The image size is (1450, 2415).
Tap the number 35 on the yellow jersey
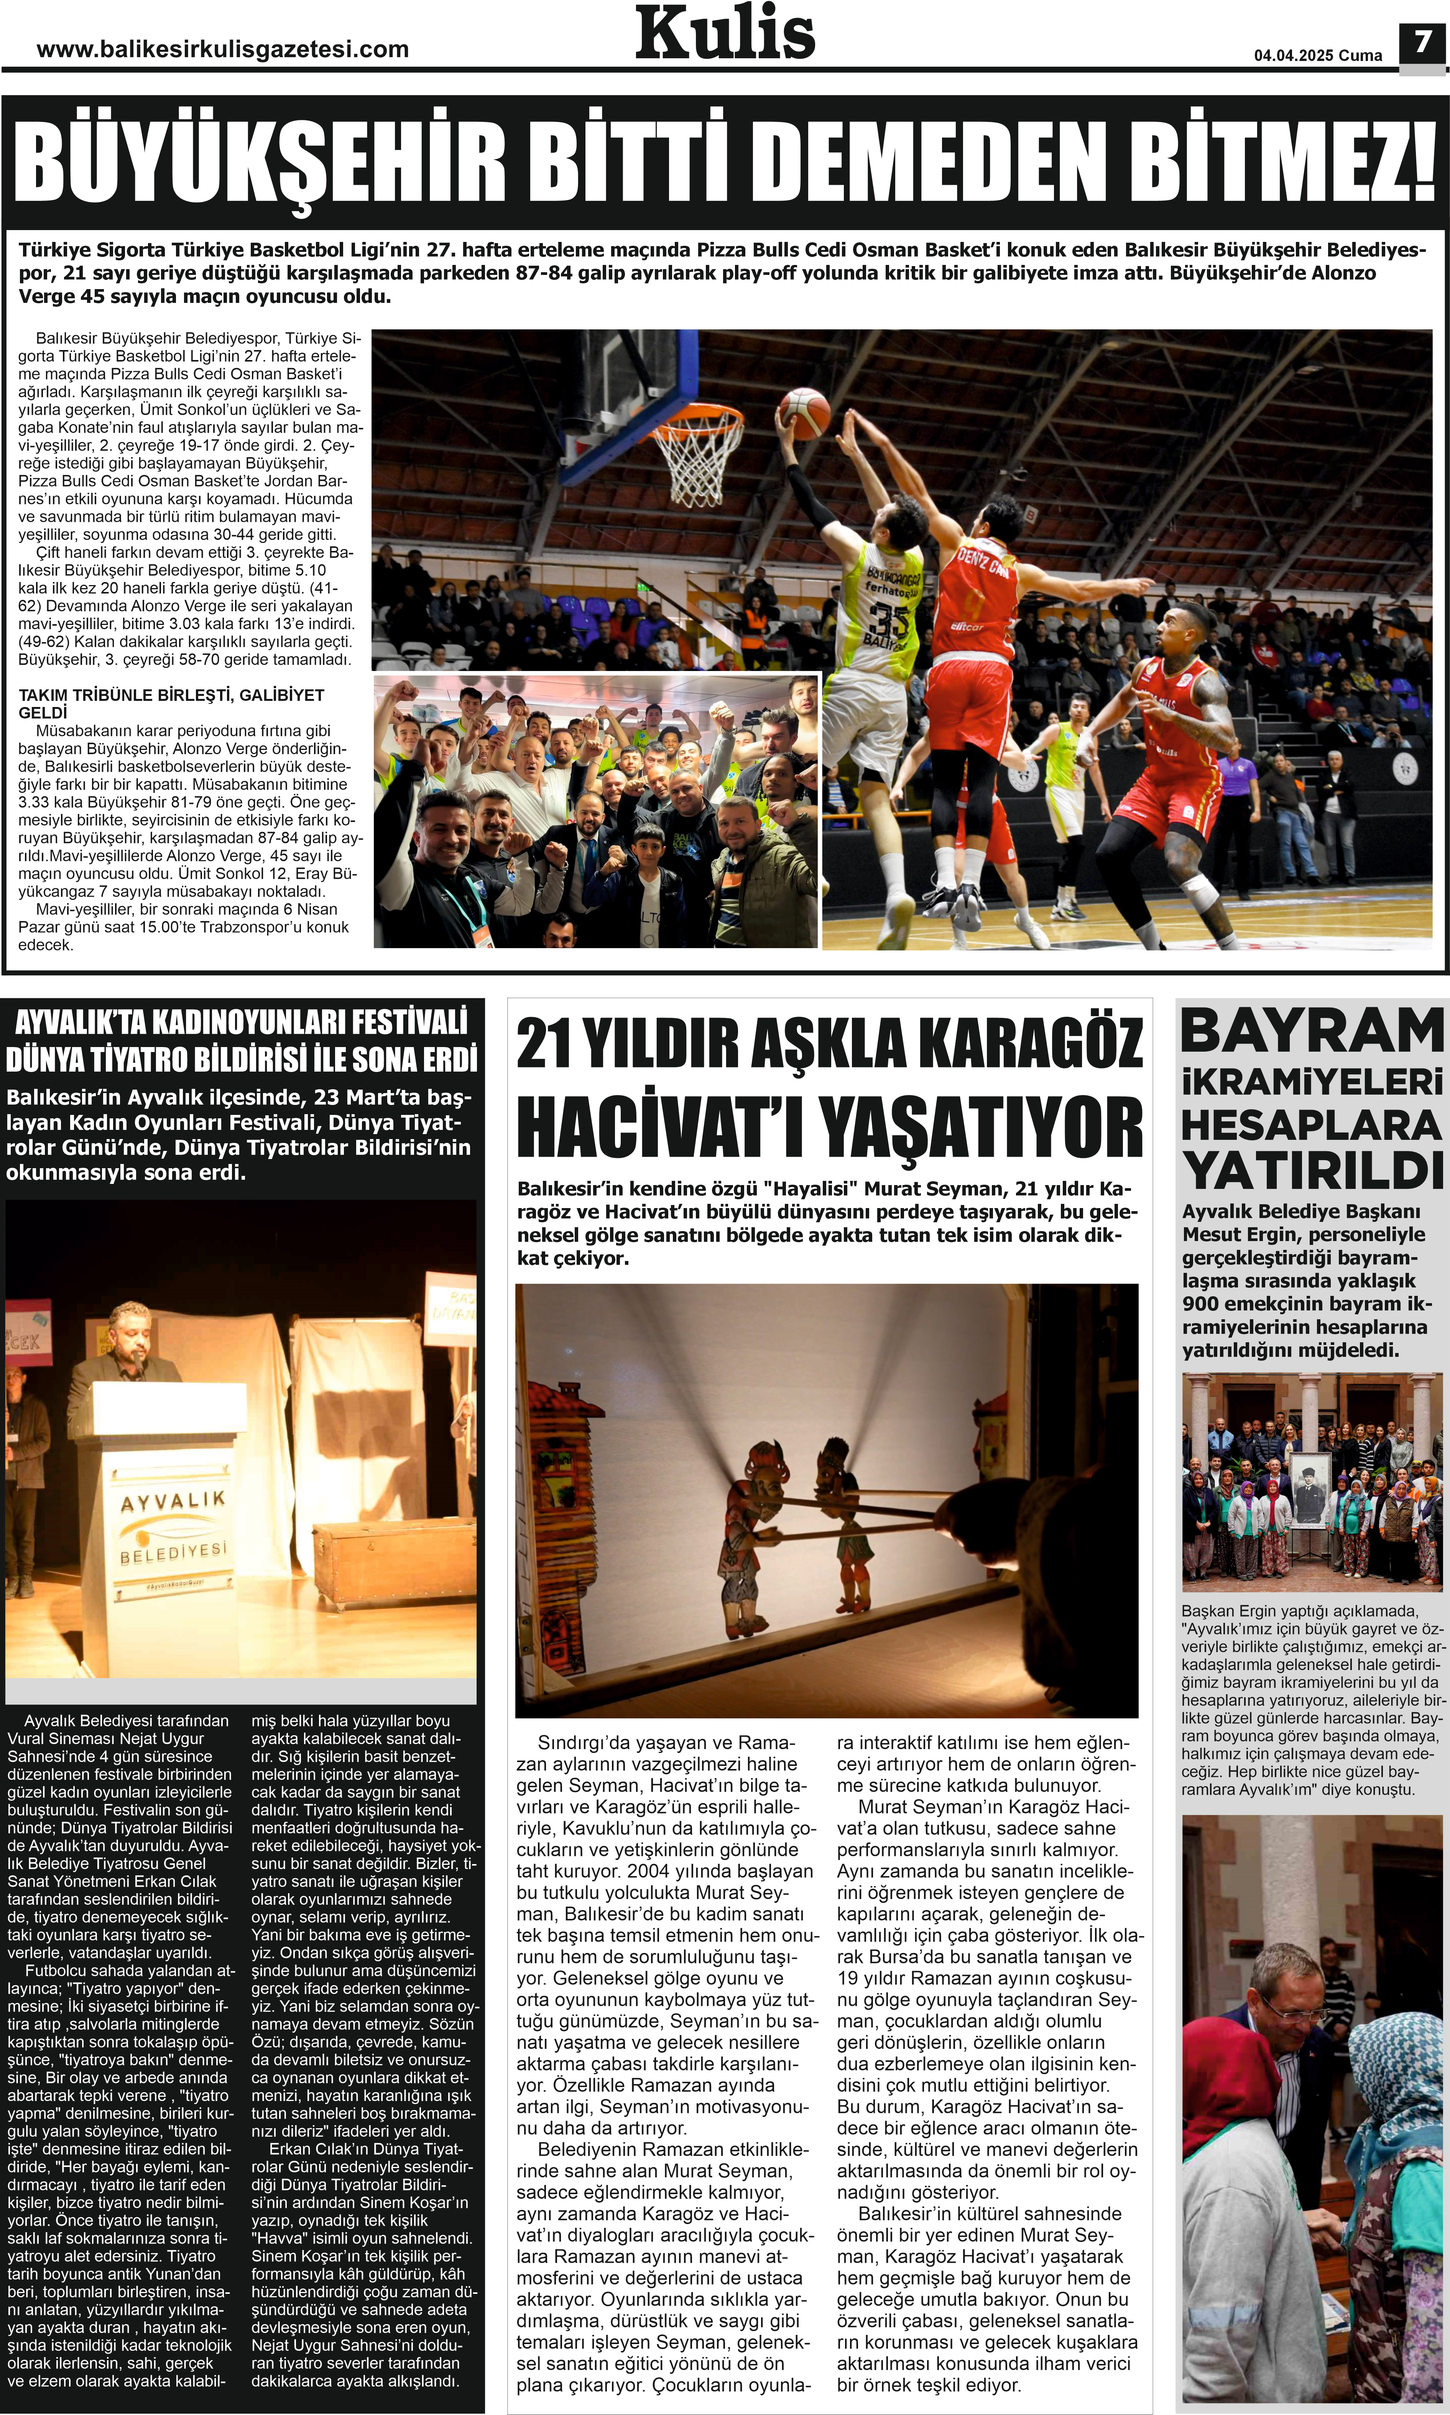889,620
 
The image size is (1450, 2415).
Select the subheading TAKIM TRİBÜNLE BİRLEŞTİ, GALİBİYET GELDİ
171,704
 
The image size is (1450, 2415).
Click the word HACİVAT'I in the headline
661,1128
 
